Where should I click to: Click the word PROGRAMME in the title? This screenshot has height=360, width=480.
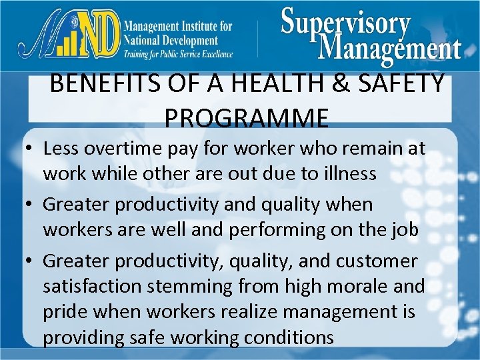pos(246,118)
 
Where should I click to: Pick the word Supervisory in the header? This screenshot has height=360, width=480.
pos(345,23)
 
